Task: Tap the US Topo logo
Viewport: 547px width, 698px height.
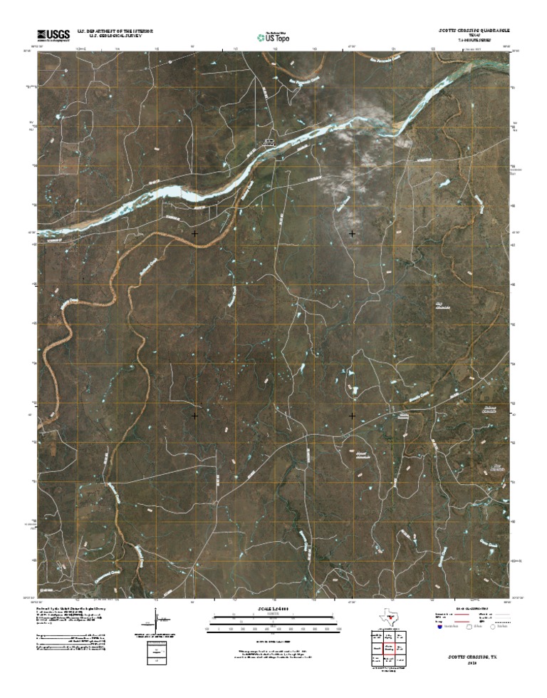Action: coord(273,37)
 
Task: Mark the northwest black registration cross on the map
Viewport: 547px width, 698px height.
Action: coord(194,233)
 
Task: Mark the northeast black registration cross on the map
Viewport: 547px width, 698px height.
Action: coord(352,233)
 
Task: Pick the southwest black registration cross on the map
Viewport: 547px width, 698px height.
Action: coord(194,414)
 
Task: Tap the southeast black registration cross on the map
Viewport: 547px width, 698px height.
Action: coord(352,414)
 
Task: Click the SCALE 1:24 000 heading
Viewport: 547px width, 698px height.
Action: coord(273,608)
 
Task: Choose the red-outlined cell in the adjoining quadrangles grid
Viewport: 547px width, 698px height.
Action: coord(390,649)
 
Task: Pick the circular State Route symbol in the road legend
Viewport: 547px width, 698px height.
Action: coord(494,627)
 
